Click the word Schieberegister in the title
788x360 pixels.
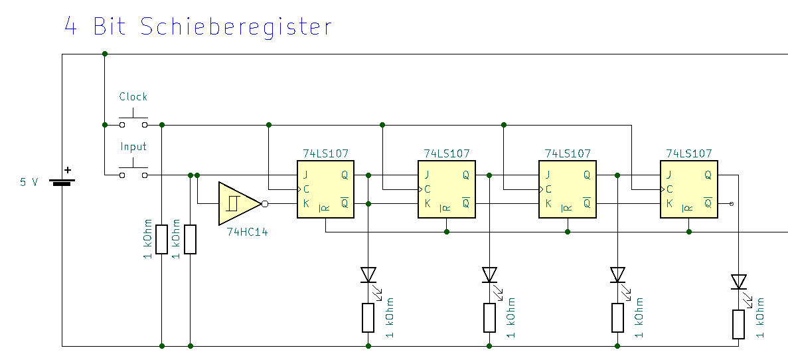point(236,27)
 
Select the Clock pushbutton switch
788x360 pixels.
point(133,123)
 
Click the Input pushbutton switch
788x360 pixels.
point(133,173)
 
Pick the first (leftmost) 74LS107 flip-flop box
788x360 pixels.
point(325,189)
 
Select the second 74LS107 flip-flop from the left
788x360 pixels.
point(447,189)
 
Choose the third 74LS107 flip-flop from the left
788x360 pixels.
point(568,189)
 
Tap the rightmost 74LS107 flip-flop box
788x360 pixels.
point(689,189)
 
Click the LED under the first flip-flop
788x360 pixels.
point(368,274)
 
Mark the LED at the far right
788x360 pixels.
point(738,282)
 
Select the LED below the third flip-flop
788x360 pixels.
point(617,274)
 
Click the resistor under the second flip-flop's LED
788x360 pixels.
point(490,317)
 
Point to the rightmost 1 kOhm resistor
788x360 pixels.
point(738,324)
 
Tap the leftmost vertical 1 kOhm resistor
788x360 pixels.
point(162,239)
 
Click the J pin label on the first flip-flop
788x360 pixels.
point(305,176)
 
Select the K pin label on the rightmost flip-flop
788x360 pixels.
point(669,203)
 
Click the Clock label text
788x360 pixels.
point(133,97)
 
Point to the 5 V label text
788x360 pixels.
point(29,181)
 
